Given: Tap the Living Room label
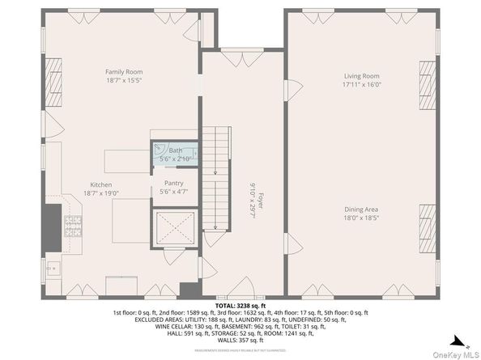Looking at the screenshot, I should [x=361, y=75].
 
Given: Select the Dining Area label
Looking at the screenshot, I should [x=361, y=209].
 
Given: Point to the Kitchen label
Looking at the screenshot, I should [x=101, y=185].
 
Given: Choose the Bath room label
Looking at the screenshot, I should [x=176, y=150].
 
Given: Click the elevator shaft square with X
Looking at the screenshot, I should [x=176, y=230].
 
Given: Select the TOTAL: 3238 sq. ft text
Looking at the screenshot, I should [x=240, y=304].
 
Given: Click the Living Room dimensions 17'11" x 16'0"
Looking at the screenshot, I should [x=361, y=84].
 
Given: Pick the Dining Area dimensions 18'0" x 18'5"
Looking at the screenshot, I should [x=361, y=218].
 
